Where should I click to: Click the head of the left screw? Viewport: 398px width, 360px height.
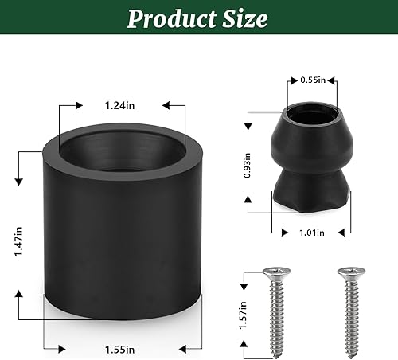point(275,273)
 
